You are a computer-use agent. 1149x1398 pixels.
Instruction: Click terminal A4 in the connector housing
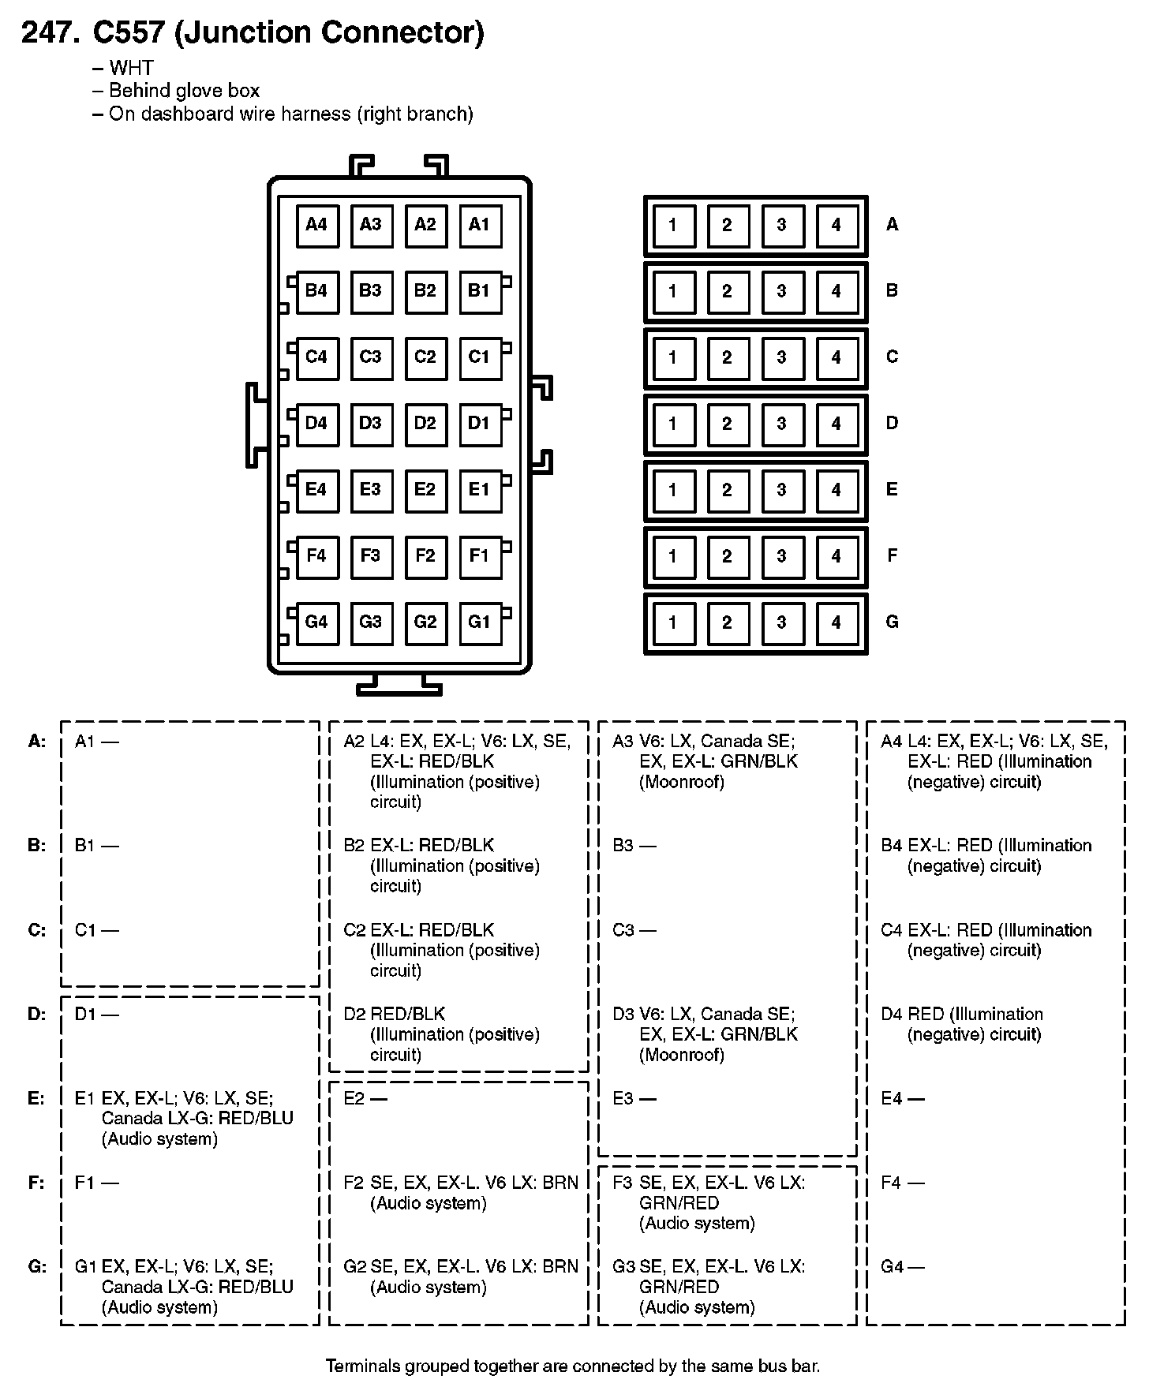tap(316, 225)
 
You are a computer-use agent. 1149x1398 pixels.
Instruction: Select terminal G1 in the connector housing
tap(479, 622)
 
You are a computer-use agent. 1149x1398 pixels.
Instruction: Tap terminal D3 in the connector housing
tap(370, 424)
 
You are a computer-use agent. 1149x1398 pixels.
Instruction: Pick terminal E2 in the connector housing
tap(425, 490)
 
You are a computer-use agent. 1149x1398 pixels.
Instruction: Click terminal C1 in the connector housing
tap(479, 357)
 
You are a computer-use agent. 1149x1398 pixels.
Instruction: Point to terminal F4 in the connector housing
tap(316, 556)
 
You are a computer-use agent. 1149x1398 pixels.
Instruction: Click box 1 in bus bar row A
tap(672, 226)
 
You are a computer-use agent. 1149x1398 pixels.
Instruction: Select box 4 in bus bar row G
tap(836, 623)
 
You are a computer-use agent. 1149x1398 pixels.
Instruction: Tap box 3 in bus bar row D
tap(781, 424)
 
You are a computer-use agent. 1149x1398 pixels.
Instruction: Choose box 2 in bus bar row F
tap(727, 557)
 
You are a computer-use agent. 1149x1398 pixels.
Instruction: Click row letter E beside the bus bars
tap(892, 489)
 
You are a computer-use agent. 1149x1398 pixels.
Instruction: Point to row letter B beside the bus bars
tap(892, 290)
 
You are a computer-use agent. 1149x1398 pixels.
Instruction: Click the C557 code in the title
tap(129, 32)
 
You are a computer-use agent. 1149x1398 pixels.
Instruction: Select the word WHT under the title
tap(131, 69)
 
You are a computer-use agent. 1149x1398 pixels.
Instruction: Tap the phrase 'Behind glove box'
tap(184, 91)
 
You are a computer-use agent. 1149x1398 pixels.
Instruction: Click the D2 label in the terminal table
tap(354, 1014)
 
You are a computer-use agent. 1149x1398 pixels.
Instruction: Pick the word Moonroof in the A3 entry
tap(682, 783)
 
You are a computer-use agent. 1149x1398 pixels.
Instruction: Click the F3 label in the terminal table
tap(623, 1183)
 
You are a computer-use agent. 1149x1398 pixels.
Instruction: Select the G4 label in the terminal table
tap(892, 1267)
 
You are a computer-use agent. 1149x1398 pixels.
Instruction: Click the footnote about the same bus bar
tap(573, 1366)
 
